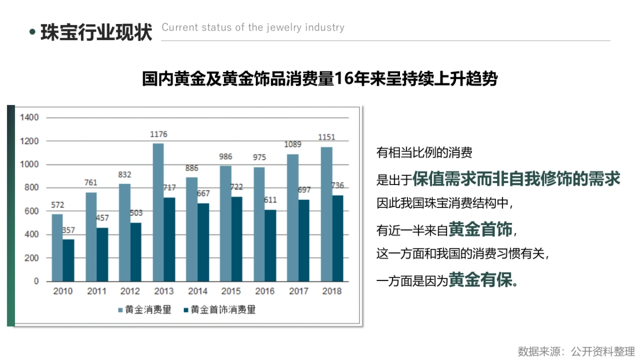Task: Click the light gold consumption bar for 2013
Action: coord(158,212)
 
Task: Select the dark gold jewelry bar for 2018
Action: coord(337,238)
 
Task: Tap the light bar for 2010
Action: coord(57,247)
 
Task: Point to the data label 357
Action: coord(68,230)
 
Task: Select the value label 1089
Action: coord(292,146)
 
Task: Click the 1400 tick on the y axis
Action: coord(29,117)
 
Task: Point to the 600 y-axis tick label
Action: coord(31,211)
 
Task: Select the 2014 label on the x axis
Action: coord(197,291)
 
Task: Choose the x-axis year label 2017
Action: coord(298,291)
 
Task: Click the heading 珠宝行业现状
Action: coord(97,32)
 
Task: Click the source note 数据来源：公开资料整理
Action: coord(576,351)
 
